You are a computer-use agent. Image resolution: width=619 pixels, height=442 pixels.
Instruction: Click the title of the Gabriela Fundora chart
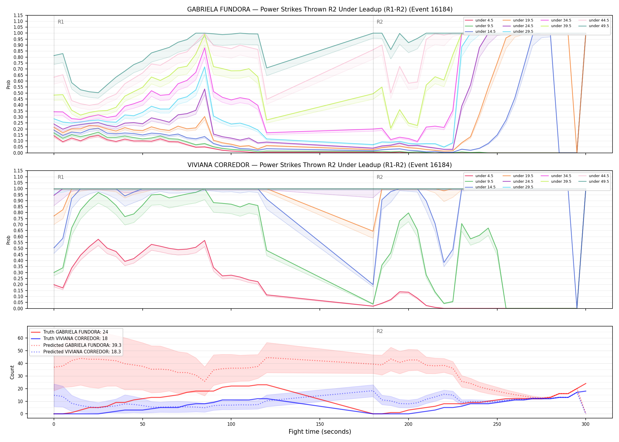(320, 9)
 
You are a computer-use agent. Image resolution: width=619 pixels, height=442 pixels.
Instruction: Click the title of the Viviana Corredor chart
(320, 165)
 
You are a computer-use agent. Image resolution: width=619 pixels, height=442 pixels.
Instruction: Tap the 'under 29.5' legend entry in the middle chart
(518, 187)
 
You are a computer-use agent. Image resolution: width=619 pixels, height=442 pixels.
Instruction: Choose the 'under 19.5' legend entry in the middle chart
(518, 176)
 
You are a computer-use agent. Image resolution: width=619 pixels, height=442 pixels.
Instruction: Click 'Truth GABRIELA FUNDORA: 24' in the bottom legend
(70, 332)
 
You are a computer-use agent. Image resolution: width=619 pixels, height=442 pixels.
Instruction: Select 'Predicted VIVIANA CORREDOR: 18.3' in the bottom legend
(76, 352)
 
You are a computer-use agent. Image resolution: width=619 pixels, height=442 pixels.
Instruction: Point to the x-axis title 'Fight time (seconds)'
(320, 432)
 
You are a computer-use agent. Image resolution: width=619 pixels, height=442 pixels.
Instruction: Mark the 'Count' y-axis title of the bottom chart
(12, 372)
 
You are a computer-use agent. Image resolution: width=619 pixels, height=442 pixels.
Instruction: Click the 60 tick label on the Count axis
(20, 338)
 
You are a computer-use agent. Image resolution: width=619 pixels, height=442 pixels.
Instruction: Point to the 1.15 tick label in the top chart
(18, 15)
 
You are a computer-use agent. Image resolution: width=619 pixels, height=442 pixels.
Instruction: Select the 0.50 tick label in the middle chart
(18, 249)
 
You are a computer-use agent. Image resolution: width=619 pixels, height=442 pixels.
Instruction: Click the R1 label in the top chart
(61, 22)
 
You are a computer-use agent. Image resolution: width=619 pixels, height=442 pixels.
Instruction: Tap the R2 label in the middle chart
(380, 177)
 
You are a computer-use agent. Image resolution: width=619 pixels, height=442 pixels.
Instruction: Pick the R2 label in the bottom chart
(380, 331)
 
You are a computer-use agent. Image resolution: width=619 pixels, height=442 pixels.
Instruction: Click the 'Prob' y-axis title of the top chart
(9, 84)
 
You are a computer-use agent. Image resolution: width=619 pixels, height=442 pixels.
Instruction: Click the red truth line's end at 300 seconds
(585, 384)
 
